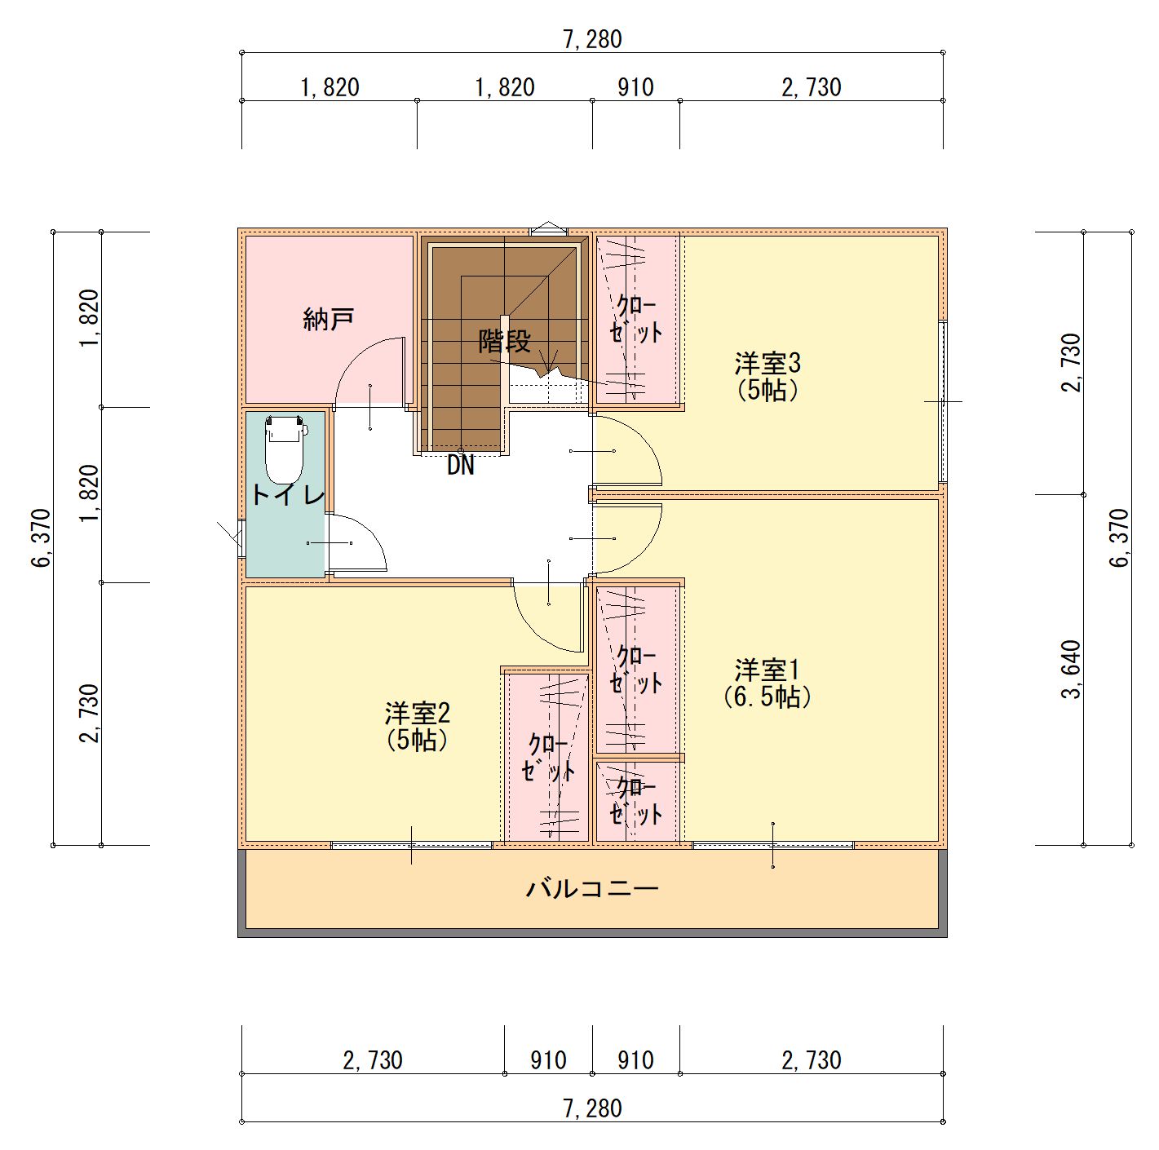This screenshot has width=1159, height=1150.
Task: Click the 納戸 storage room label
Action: (x=329, y=320)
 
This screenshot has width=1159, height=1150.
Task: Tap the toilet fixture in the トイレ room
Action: (x=285, y=449)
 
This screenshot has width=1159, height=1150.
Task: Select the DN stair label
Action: (x=461, y=466)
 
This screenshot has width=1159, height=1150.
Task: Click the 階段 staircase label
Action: (x=505, y=342)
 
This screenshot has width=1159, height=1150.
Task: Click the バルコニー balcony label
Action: (x=592, y=888)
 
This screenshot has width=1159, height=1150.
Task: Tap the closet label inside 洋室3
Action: (x=636, y=320)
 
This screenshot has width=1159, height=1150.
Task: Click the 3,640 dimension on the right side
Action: (x=1072, y=670)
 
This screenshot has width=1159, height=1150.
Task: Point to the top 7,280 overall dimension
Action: (x=592, y=40)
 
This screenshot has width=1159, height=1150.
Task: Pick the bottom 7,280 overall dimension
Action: (x=592, y=1108)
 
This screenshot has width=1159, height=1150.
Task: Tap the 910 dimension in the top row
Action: (x=635, y=88)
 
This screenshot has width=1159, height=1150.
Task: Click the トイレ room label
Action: (x=287, y=496)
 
